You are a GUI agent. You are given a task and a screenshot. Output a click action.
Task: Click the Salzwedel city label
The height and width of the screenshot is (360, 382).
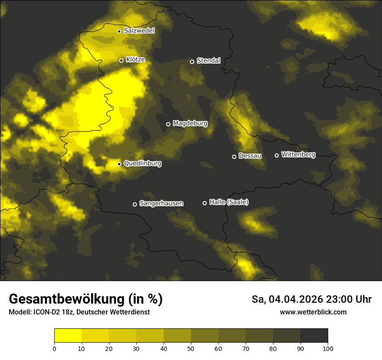(139, 31)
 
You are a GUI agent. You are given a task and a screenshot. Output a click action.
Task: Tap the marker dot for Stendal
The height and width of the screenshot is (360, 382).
(192, 62)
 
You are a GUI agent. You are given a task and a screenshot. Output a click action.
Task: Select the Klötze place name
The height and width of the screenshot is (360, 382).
(135, 60)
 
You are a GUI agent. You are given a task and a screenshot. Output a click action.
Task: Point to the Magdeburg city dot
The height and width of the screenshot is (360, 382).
(168, 124)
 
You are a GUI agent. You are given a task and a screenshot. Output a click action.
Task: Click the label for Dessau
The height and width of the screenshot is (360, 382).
(250, 156)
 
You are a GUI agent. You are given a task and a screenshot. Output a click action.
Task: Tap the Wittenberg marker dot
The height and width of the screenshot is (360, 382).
(277, 155)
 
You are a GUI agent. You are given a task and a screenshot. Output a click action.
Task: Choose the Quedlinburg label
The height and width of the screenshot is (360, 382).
(142, 164)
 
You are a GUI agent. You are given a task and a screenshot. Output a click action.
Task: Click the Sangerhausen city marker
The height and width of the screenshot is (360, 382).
(135, 204)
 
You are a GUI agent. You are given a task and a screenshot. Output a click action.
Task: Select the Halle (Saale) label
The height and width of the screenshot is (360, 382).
(229, 202)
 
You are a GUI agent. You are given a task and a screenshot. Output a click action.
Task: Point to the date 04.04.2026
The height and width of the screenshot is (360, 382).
(296, 299)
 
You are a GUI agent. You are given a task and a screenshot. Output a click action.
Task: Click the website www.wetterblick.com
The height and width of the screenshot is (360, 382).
(313, 312)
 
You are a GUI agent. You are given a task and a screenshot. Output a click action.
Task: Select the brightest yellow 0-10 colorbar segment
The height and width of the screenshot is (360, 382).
(68, 336)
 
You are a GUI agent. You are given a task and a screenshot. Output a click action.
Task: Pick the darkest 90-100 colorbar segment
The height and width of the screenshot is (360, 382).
(314, 336)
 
